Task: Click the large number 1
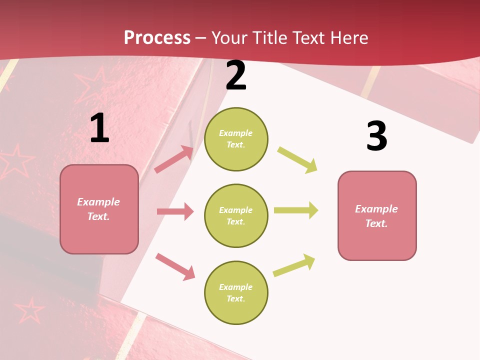pos(100,128)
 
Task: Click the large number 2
pos(236,76)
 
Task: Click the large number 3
pos(376,136)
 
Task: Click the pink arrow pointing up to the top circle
pos(174,159)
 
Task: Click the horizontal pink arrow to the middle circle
pos(175,211)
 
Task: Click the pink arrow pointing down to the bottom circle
pos(175,266)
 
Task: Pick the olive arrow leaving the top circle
pos(297,160)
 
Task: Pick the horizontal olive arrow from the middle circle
pos(296,210)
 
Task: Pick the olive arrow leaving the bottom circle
pos(294,265)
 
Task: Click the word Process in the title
pos(157,38)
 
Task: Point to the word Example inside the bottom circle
pos(235,287)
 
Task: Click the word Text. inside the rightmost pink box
pos(376,223)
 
